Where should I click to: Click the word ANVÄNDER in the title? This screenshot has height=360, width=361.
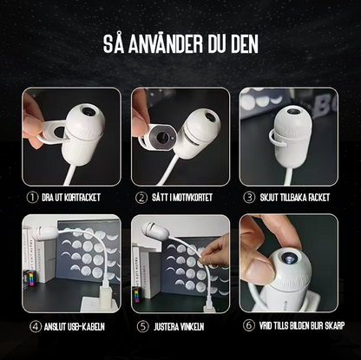[166, 44]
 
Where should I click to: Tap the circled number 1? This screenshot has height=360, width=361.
[32, 198]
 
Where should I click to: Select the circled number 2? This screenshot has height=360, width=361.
[141, 198]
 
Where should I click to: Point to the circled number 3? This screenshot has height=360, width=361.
[249, 198]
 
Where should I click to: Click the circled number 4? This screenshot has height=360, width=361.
[35, 327]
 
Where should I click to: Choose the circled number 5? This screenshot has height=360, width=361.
[142, 327]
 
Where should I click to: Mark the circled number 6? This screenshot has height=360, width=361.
[249, 325]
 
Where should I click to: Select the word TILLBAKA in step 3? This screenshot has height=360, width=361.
[292, 198]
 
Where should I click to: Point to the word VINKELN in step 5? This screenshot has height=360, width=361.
[193, 327]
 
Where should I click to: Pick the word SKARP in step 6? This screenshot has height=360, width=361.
[335, 325]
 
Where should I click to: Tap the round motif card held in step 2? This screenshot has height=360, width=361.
[162, 136]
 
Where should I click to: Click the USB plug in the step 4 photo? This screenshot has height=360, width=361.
[105, 298]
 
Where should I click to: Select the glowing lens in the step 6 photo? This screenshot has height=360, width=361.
[287, 258]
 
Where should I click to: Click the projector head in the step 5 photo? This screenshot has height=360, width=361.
[154, 230]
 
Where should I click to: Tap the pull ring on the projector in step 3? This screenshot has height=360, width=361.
[277, 139]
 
